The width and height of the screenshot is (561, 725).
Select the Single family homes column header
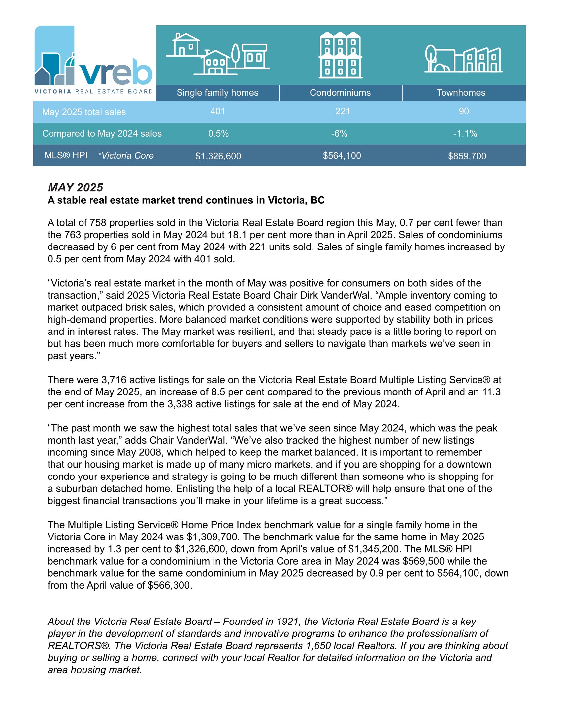(217, 93)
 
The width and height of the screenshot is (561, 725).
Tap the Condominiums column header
(340, 93)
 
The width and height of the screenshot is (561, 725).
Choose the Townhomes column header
(461, 93)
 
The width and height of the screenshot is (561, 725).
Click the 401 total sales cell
(218, 111)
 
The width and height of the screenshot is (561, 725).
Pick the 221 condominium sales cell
(342, 111)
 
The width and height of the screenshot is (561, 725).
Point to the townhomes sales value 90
(464, 111)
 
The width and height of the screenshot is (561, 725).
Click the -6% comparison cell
(339, 134)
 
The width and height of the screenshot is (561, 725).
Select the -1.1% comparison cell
(465, 134)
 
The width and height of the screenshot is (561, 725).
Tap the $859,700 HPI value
(467, 156)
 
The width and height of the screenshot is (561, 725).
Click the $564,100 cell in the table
(342, 156)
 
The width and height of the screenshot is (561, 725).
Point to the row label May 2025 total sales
(84, 112)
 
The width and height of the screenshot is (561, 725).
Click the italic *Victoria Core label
(126, 156)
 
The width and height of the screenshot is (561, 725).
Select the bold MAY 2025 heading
(76, 188)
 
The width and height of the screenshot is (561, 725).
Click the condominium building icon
(340, 55)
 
